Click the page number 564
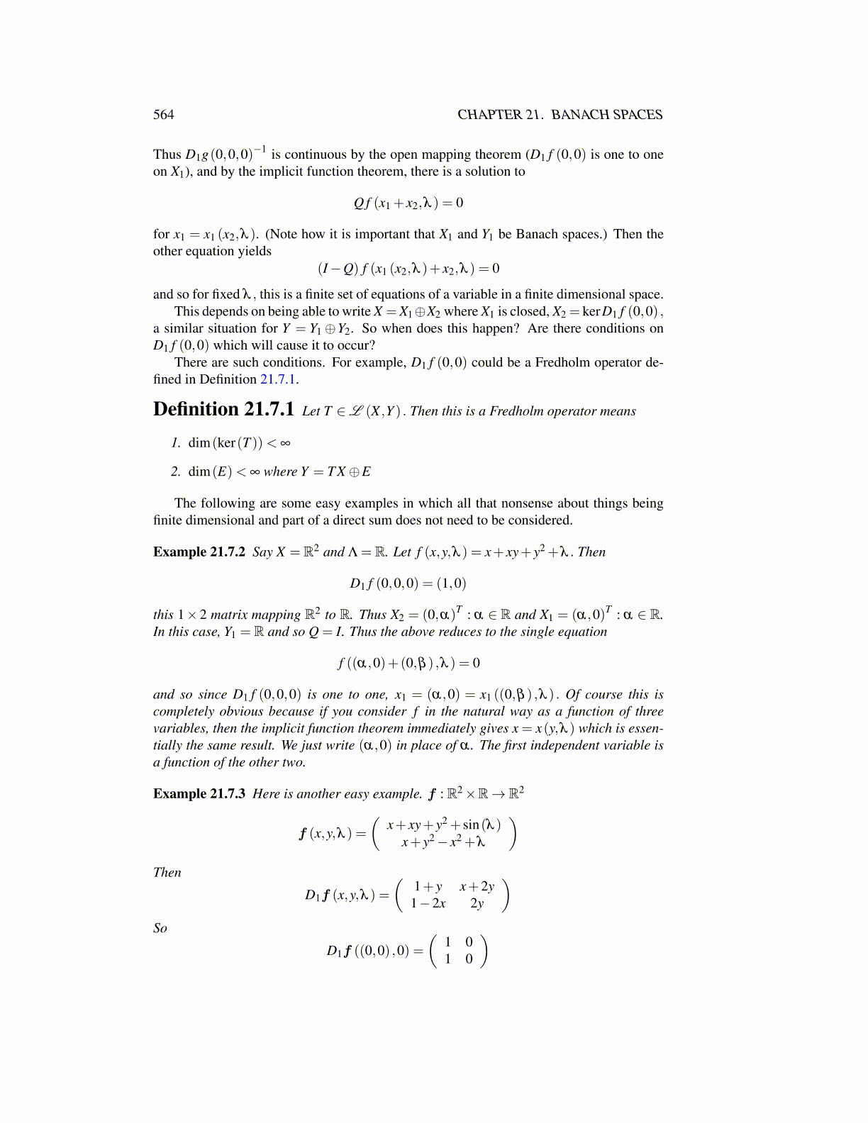pyautogui.click(x=163, y=115)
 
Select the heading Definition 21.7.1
pyautogui.click(x=223, y=410)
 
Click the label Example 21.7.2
pyautogui.click(x=199, y=552)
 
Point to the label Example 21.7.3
pyautogui.click(x=199, y=794)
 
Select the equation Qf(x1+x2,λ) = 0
pyautogui.click(x=408, y=203)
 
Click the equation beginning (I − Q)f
pyautogui.click(x=408, y=269)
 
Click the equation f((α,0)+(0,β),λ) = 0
pyautogui.click(x=408, y=664)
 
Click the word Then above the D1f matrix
pyautogui.click(x=167, y=873)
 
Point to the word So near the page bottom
pyautogui.click(x=160, y=928)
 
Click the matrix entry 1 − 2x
pyautogui.click(x=428, y=903)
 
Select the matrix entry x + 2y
pyautogui.click(x=477, y=886)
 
